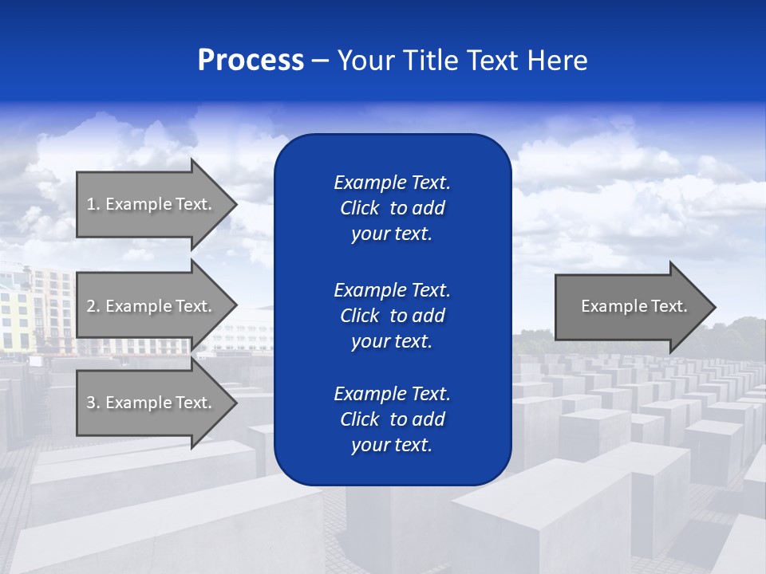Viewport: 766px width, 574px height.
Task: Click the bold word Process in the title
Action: pos(251,61)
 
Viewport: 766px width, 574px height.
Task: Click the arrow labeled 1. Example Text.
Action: pos(152,204)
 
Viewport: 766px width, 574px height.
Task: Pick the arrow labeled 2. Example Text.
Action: pos(152,306)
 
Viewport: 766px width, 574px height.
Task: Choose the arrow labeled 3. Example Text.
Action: pos(152,403)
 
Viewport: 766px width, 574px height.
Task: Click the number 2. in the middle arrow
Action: pos(93,306)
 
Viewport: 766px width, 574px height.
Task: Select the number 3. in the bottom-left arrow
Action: pos(93,403)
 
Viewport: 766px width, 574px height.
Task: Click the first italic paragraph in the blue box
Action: pos(392,208)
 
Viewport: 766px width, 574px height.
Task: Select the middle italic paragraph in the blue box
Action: pos(392,316)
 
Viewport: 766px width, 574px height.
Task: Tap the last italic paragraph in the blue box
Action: pos(392,419)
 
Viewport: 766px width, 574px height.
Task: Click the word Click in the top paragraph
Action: pos(359,208)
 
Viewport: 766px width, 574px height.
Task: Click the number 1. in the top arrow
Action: pos(93,204)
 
